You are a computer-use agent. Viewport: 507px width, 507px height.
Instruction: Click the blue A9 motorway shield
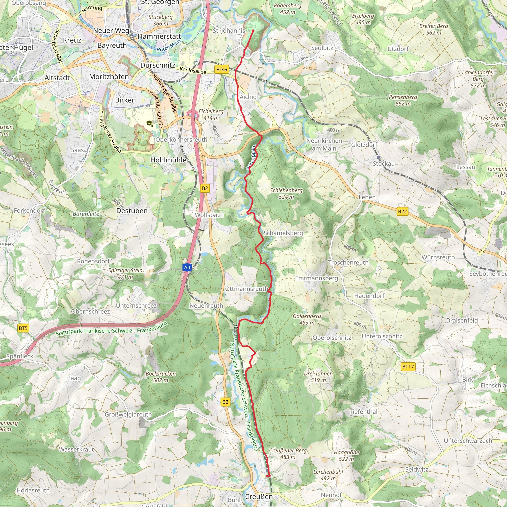tap(187, 267)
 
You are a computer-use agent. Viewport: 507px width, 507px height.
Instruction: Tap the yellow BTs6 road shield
tap(222, 70)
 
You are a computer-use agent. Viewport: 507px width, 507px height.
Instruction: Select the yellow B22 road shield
tap(402, 211)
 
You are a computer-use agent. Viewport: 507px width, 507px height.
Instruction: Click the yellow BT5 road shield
tap(23, 328)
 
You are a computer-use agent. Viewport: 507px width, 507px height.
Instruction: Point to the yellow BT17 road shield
tap(408, 367)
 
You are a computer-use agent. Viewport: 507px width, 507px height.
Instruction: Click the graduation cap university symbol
tap(150, 123)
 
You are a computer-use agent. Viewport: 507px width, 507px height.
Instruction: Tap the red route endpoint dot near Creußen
tap(268, 476)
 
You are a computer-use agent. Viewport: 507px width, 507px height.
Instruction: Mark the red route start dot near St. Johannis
tap(253, 31)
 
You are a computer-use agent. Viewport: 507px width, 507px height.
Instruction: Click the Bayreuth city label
tap(112, 45)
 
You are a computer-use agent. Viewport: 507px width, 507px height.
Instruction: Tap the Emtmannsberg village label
tap(316, 278)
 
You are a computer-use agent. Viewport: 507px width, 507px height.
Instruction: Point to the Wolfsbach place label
tap(209, 215)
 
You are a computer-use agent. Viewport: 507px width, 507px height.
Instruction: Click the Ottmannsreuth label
tap(246, 289)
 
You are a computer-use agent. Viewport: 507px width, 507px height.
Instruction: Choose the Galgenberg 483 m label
tap(307, 319)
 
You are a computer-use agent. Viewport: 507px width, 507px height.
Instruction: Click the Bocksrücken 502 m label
tap(161, 377)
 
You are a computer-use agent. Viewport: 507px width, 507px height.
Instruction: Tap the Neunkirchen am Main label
tap(324, 144)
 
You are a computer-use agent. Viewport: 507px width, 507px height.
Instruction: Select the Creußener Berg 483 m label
tap(288, 454)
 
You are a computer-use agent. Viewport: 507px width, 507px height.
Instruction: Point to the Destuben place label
tap(132, 211)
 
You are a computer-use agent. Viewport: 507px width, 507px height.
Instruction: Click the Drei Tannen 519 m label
tap(318, 377)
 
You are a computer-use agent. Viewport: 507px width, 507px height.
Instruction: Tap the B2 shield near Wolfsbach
tap(205, 188)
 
